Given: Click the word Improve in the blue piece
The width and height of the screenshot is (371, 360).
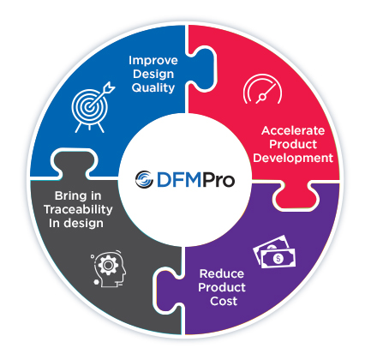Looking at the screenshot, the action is coord(153,61).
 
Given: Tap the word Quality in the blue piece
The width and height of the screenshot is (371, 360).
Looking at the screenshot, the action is coord(153,87).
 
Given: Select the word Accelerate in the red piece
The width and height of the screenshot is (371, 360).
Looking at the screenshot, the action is coord(293,130).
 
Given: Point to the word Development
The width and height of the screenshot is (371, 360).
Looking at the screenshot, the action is coord(293,158).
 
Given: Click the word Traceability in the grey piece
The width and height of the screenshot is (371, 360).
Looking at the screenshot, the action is coord(78,209).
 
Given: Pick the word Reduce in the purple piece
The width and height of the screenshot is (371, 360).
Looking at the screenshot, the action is coord(222,273).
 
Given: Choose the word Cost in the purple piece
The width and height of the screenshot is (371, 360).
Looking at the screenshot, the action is coord(224,301).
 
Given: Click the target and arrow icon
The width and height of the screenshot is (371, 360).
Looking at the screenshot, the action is coord(93,107).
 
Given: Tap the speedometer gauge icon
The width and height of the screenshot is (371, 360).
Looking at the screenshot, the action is coord(262,89).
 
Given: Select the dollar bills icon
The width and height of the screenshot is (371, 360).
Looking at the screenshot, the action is coord(274,252).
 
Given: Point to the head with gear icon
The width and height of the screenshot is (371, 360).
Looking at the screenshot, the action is coord(109,269).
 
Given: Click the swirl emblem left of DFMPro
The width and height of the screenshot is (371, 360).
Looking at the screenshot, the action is coord(144,180).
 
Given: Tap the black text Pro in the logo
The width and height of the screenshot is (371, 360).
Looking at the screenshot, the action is coord(218,180).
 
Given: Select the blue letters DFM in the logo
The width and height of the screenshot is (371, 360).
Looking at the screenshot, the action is coord(179,180).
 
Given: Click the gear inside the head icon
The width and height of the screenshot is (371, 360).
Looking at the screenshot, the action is coord(108,265).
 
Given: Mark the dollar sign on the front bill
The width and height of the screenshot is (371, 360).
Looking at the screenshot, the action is coord(278,259).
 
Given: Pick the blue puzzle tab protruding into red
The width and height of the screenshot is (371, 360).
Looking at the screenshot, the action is coord(202,69).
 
